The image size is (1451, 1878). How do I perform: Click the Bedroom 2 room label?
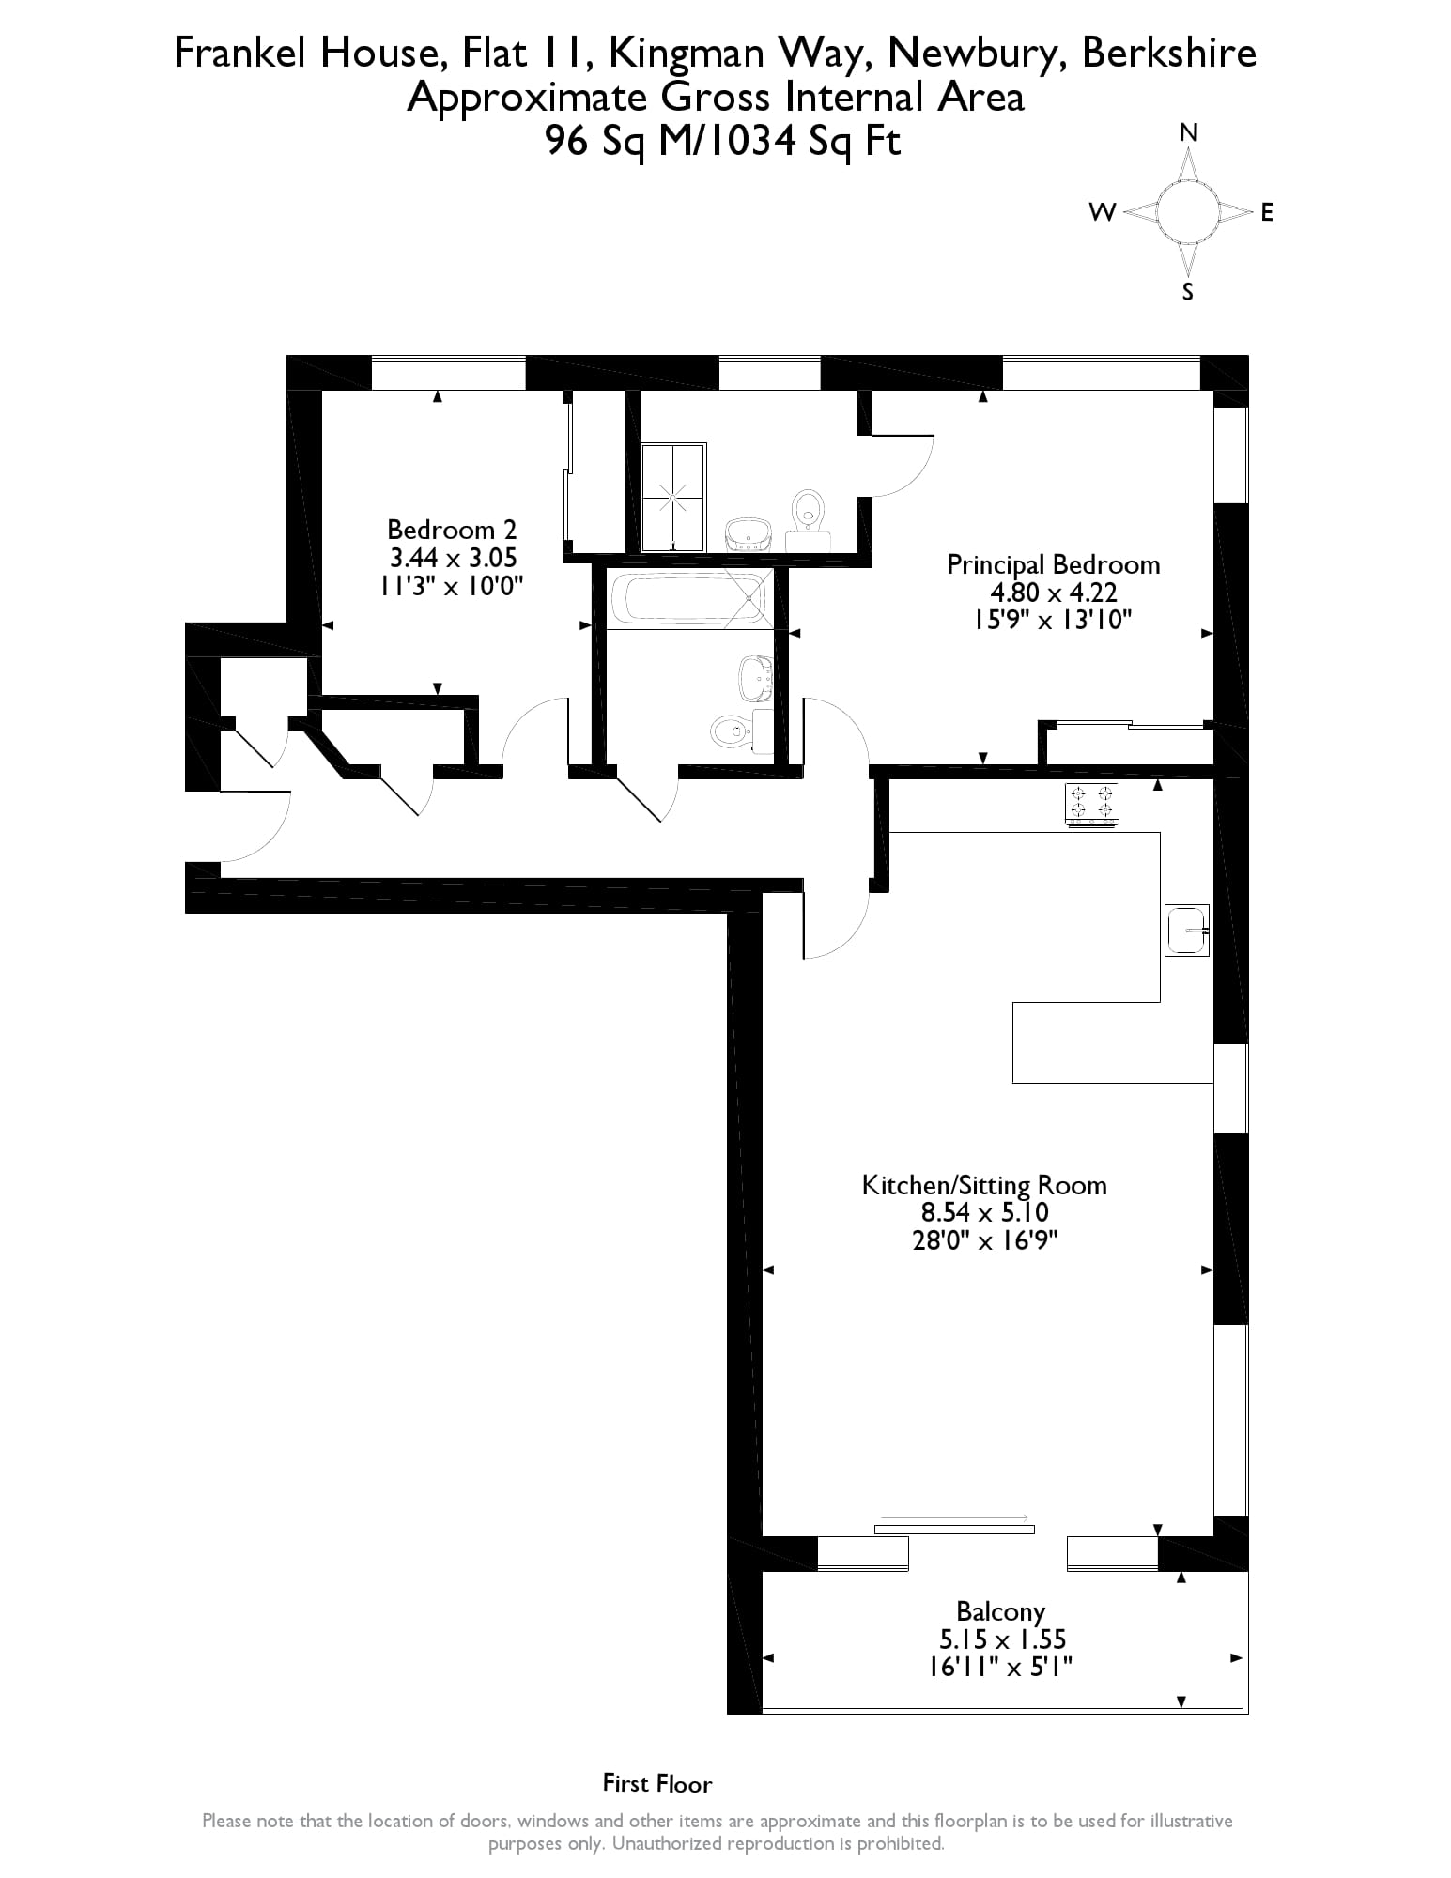[x=452, y=529]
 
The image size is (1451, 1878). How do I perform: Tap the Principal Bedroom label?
[x=1053, y=564]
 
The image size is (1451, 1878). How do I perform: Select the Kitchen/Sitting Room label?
[x=984, y=1185]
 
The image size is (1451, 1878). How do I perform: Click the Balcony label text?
[x=1000, y=1611]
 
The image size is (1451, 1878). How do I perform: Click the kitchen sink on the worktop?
[x=1186, y=930]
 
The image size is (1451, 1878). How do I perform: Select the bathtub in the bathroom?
[x=687, y=599]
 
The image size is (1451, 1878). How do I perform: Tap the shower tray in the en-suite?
[x=673, y=497]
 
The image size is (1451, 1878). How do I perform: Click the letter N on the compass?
[x=1188, y=132]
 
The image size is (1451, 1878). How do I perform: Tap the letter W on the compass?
[x=1102, y=212]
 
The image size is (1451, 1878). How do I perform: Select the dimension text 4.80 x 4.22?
[x=1053, y=593]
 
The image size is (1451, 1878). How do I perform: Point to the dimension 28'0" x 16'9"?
[x=984, y=1240]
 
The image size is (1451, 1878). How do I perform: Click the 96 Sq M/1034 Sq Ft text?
[x=723, y=141]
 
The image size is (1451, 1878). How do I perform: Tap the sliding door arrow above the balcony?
[x=954, y=1517]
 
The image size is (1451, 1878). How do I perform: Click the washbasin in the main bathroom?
[x=755, y=678]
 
